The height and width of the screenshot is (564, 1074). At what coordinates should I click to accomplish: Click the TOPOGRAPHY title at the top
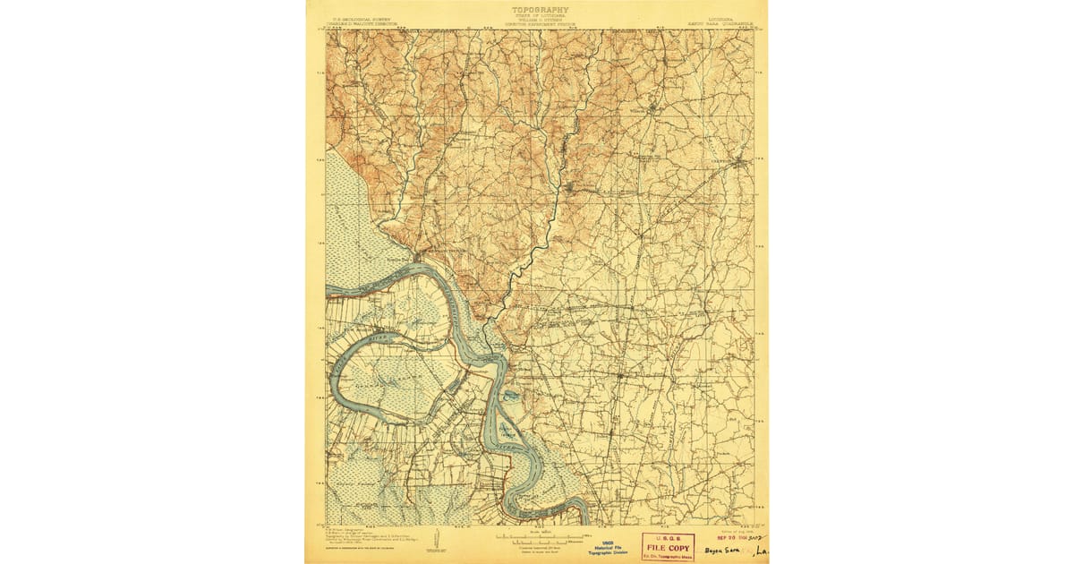point(540,10)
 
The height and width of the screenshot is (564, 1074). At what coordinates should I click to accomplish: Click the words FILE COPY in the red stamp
point(668,547)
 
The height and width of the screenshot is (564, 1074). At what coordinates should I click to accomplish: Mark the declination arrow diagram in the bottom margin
point(434,541)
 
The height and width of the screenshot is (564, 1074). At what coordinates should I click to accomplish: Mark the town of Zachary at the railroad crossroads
point(618,376)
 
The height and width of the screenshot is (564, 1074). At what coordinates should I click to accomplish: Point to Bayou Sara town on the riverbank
point(417,259)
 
